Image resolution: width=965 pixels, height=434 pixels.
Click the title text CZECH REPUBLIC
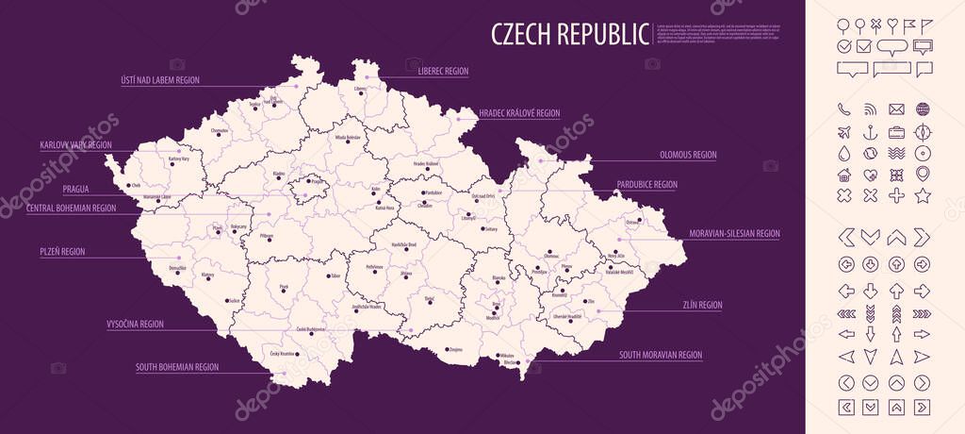point(570,34)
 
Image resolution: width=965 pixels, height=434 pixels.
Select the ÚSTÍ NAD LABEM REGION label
point(159,80)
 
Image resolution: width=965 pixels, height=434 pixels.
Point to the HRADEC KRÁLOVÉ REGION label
point(519,113)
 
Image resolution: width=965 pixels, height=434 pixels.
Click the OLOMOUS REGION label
point(687,155)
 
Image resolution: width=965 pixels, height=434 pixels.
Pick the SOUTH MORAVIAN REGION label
point(660,356)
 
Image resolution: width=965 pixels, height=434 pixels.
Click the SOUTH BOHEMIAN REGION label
point(177,367)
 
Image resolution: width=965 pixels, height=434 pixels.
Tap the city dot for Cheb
point(125,186)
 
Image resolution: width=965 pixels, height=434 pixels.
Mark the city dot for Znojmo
point(444,349)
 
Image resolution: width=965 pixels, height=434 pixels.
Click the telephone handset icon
point(843,109)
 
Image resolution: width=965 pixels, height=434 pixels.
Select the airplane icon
point(843,131)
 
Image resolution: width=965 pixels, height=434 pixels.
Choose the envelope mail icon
point(896,109)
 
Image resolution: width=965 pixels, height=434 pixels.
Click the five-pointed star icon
point(923,196)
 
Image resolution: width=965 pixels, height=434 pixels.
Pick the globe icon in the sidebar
point(923,109)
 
